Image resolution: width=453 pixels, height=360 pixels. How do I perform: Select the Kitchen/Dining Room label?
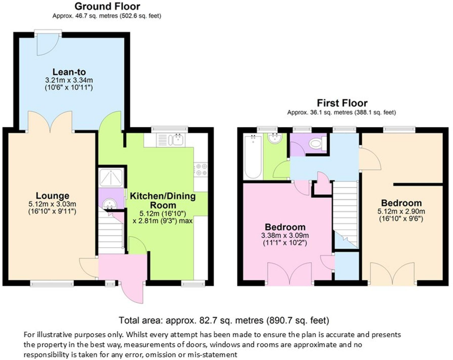[163, 201]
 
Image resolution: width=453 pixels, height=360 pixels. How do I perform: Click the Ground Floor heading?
[107, 6]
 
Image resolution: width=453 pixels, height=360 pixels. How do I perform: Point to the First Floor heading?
[342, 103]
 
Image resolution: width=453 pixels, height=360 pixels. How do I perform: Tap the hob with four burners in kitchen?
[201, 170]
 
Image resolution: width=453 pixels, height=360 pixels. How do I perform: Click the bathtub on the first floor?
[252, 157]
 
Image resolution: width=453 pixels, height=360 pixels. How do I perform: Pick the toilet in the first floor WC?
[316, 144]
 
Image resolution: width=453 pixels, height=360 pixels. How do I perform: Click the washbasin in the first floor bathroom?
[275, 138]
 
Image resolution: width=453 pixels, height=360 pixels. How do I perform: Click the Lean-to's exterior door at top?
[47, 42]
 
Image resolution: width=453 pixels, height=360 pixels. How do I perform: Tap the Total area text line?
[224, 320]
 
